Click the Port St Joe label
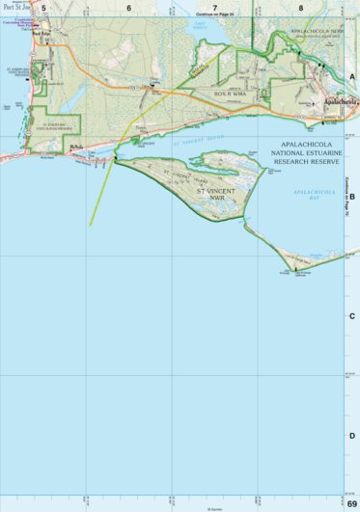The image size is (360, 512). [x=15, y=6]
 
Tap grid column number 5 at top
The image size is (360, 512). [x=43, y=7]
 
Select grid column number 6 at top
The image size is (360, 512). [x=128, y=7]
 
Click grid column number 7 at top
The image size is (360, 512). [x=215, y=7]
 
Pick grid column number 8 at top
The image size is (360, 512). [x=300, y=7]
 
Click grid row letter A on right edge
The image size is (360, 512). [x=352, y=76]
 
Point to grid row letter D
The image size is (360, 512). [x=352, y=436]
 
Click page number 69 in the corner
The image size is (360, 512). [x=351, y=504]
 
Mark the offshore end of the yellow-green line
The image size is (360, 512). [x=91, y=225]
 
